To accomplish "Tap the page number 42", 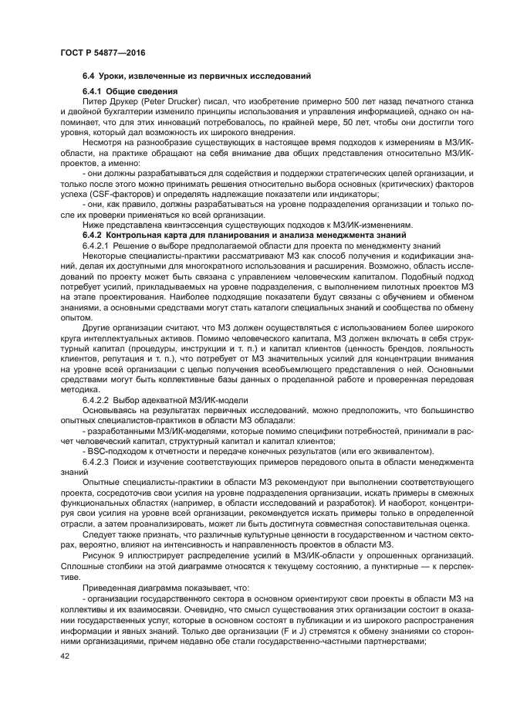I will pyautogui.click(x=65, y=656).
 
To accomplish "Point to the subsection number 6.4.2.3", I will pyautogui.click(x=96, y=462).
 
